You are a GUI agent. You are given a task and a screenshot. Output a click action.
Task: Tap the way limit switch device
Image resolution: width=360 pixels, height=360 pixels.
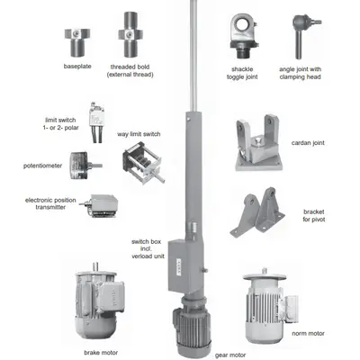pyautogui.click(x=142, y=166)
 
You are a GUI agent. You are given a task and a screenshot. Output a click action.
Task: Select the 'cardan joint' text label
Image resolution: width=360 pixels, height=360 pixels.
pyautogui.click(x=309, y=143)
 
